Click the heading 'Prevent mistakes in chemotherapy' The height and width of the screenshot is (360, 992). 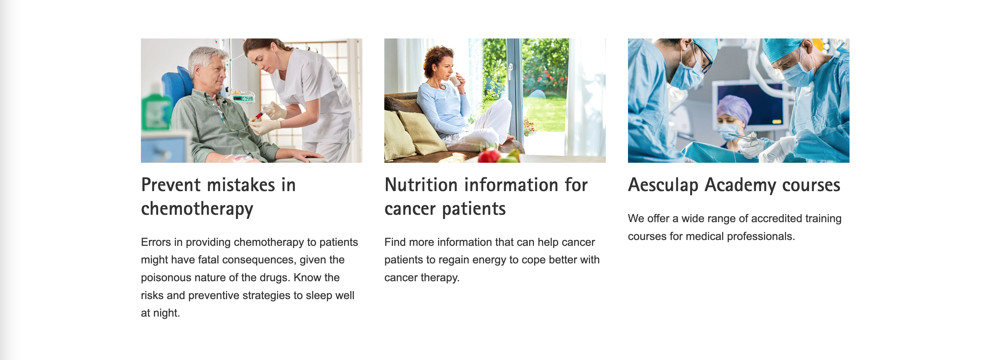(x=218, y=197)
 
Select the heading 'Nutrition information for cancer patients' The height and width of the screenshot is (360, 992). (x=486, y=197)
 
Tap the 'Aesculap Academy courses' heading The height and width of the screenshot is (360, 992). (x=734, y=185)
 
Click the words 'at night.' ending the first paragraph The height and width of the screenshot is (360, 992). (x=161, y=313)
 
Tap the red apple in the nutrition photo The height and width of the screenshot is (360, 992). (x=488, y=156)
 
